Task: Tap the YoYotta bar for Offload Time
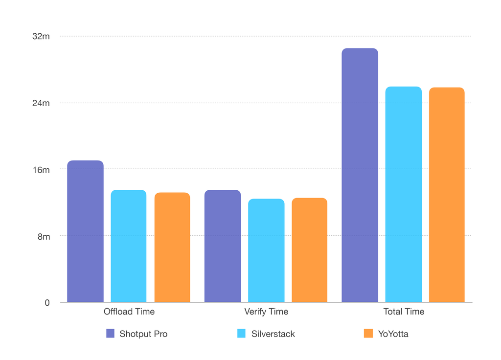(x=172, y=247)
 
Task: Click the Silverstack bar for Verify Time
(x=266, y=250)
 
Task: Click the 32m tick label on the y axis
(x=41, y=36)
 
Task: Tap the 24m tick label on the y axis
(x=41, y=103)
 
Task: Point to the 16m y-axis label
(x=41, y=170)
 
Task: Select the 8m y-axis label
(x=44, y=236)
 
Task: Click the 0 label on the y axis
(x=47, y=303)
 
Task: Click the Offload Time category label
(x=129, y=312)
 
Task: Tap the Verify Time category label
(x=266, y=312)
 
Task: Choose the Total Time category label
(x=404, y=312)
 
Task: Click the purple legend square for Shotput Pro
(x=111, y=334)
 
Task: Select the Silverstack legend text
(x=273, y=334)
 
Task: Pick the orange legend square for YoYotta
(x=369, y=334)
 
